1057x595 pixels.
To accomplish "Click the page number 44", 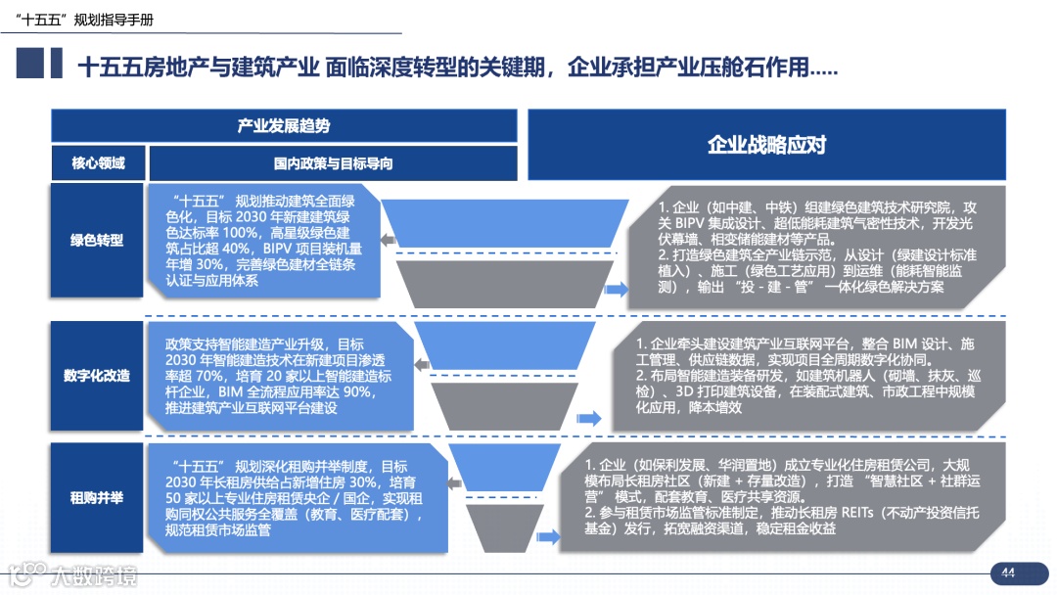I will click(1007, 573).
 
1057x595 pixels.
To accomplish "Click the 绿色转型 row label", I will click(97, 240).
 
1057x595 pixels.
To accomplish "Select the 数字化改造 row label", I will click(97, 376).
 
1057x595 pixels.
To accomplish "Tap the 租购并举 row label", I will click(97, 498).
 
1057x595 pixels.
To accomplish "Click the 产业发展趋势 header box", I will click(284, 125).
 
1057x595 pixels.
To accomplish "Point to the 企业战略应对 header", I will click(767, 145).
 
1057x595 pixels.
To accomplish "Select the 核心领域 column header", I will click(98, 163).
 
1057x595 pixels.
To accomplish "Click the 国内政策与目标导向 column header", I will click(333, 163).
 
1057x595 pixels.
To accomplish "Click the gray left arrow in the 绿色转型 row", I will click(388, 240).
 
